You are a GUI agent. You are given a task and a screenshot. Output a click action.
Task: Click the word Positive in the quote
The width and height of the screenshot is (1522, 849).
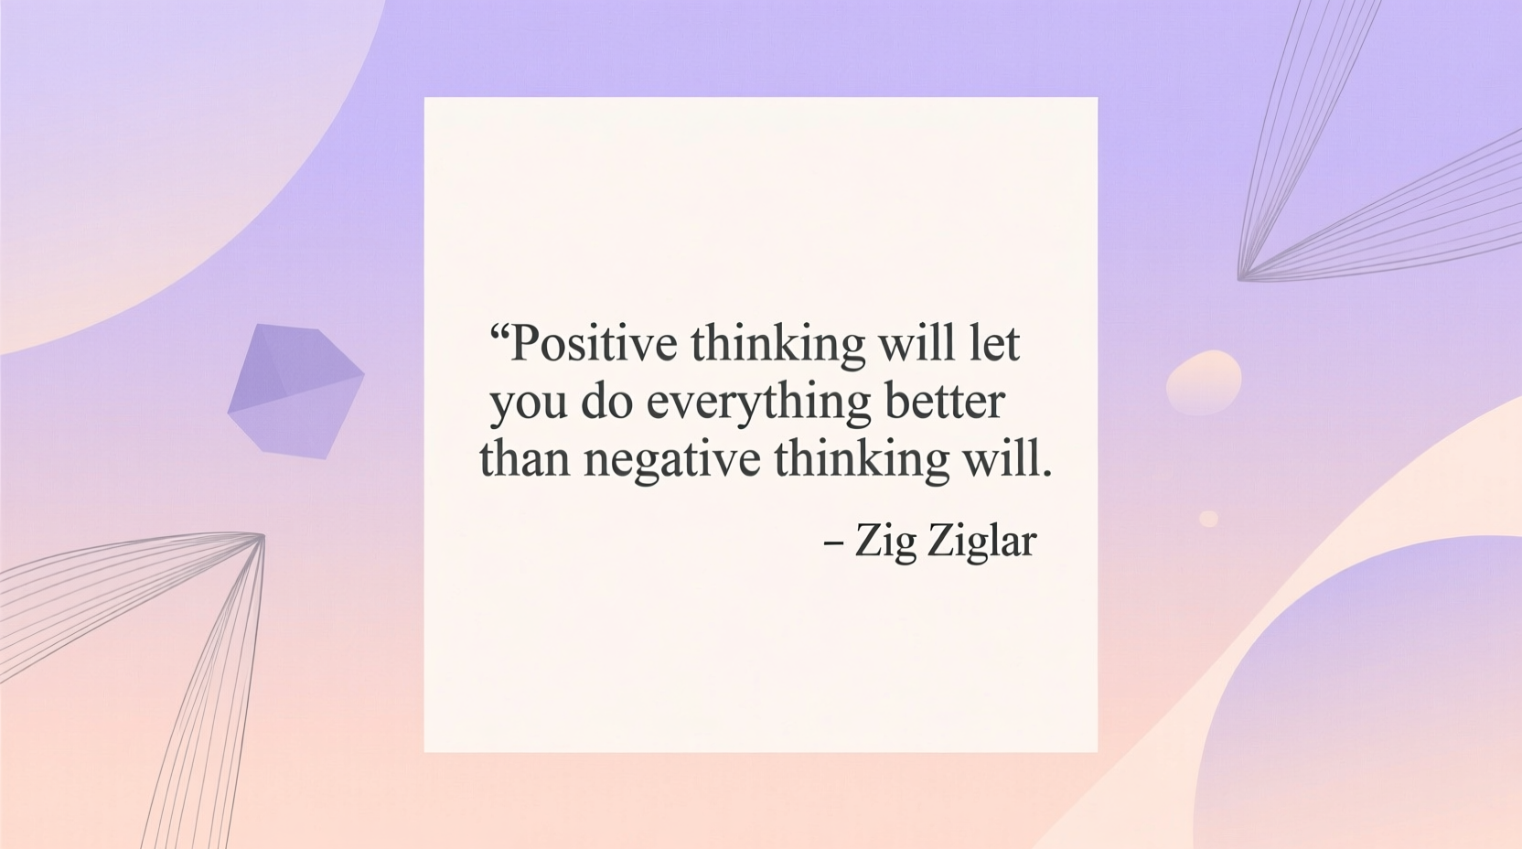click(594, 346)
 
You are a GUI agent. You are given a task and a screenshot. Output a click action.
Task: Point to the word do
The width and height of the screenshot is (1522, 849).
click(606, 402)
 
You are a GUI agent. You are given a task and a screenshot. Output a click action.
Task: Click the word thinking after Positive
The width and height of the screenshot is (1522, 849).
click(777, 346)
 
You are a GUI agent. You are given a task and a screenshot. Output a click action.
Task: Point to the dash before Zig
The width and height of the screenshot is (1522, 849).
click(832, 543)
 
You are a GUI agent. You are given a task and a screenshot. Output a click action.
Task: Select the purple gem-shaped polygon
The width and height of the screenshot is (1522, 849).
click(295, 391)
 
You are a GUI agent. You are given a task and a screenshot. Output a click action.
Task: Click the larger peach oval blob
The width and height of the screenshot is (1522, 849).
click(1204, 382)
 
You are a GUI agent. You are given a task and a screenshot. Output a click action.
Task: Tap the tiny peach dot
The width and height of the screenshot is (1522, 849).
click(1208, 519)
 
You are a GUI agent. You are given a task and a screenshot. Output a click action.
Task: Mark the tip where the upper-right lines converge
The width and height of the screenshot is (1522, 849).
click(1240, 278)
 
